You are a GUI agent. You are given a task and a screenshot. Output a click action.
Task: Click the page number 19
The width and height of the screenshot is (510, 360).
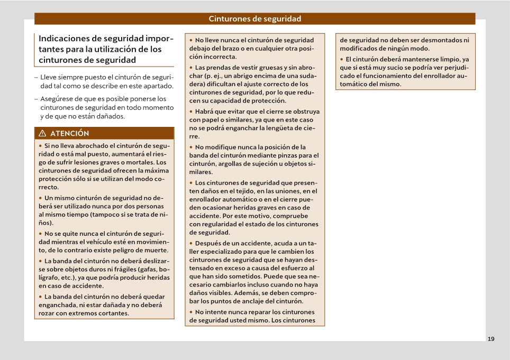[491, 339]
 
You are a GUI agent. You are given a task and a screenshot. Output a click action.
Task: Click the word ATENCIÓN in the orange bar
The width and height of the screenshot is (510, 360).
[70, 133]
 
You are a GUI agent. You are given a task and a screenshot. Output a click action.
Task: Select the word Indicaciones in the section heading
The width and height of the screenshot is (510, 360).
[65, 39]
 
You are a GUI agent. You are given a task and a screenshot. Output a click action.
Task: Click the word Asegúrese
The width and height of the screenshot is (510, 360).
[58, 99]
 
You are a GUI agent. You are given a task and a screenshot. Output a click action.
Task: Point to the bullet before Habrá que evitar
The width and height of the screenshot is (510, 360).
[191, 112]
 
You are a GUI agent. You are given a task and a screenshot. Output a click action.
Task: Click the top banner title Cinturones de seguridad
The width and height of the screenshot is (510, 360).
[255, 19]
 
